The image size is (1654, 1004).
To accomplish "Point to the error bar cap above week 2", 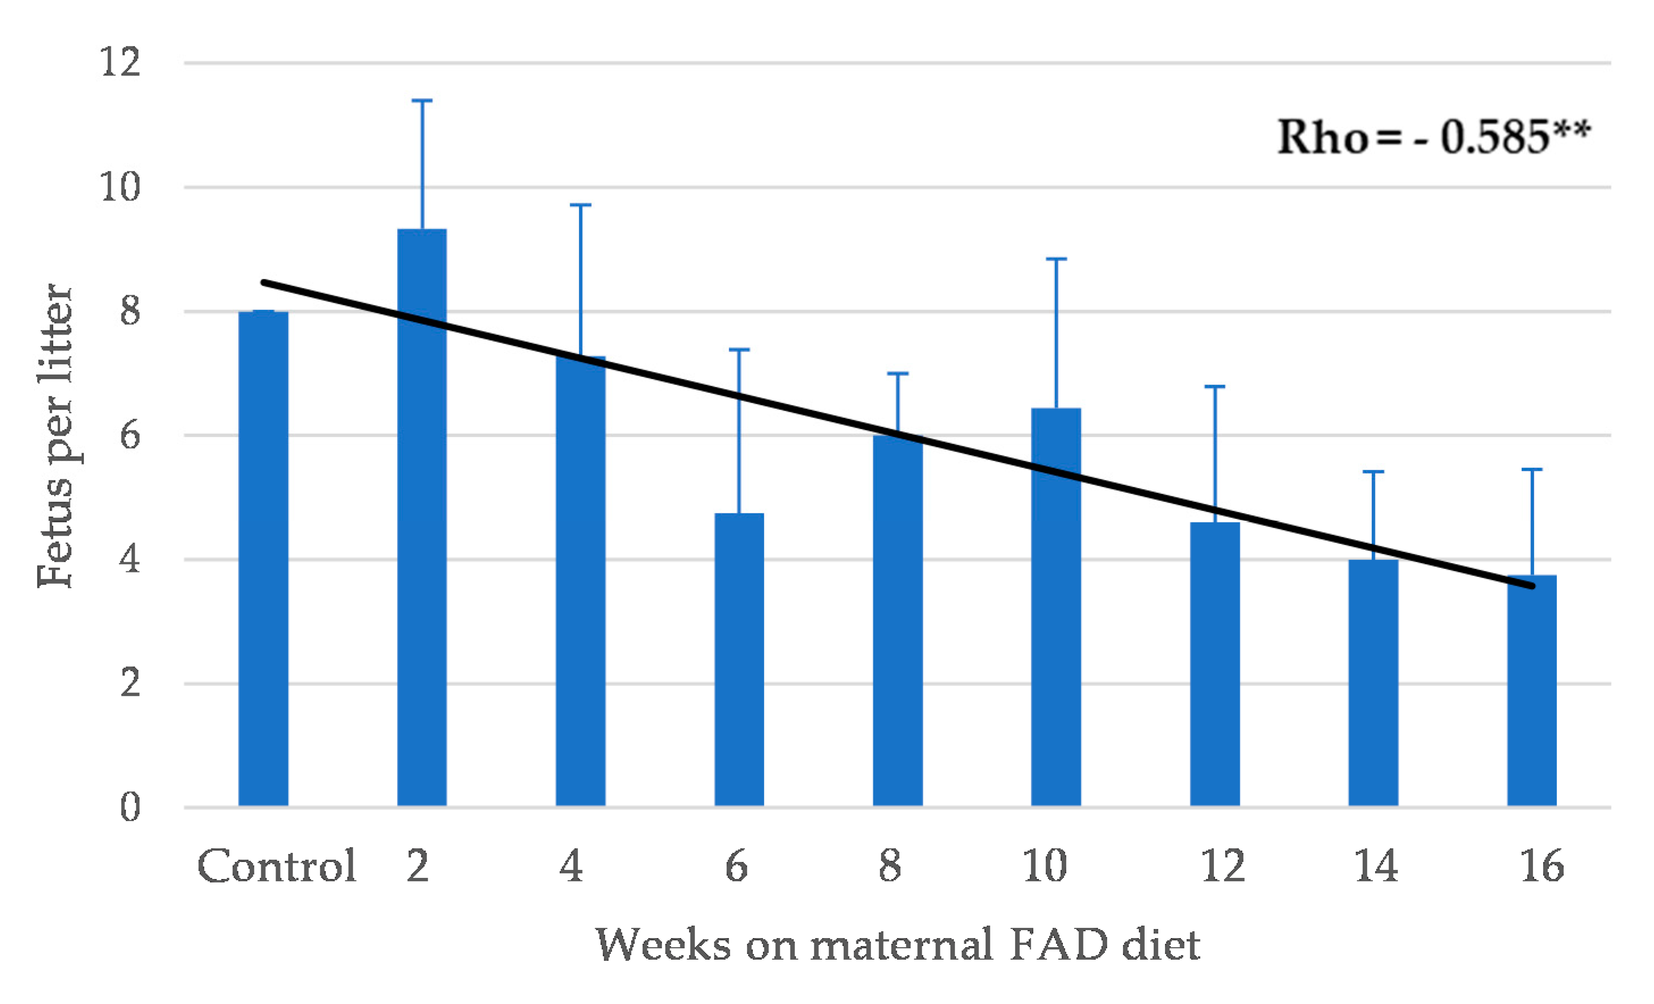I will pyautogui.click(x=421, y=101).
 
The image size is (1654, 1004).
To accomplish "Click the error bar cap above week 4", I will pyautogui.click(x=581, y=205).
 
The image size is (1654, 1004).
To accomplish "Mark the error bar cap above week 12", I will pyautogui.click(x=1215, y=387).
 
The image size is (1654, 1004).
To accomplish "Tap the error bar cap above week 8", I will pyautogui.click(x=898, y=374).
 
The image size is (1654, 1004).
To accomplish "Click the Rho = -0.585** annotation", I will pyautogui.click(x=1433, y=137).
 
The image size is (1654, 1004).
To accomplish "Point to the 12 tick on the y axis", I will pyautogui.click(x=121, y=62).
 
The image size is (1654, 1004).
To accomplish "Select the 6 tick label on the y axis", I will pyautogui.click(x=129, y=435).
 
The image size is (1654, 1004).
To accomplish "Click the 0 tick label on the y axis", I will pyautogui.click(x=129, y=807).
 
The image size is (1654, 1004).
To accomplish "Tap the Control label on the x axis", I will pyautogui.click(x=277, y=867).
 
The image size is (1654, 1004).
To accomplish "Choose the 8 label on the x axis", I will pyautogui.click(x=890, y=867).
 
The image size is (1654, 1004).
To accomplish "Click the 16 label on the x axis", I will pyautogui.click(x=1541, y=867).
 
